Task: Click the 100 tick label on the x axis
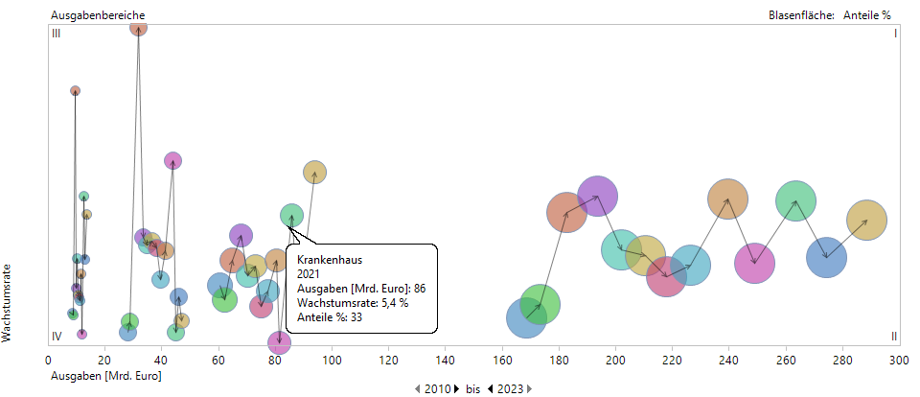(332, 361)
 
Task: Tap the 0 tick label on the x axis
(48, 361)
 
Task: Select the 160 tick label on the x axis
(502, 361)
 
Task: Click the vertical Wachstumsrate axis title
(8, 303)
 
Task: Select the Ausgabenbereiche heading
(92, 15)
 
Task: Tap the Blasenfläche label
(801, 15)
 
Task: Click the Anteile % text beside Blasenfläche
(867, 15)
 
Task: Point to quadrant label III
(57, 34)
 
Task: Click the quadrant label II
(893, 336)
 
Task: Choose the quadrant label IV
(57, 336)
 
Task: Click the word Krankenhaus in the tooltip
(329, 260)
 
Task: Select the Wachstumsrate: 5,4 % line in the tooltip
(353, 303)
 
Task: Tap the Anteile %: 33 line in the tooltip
(328, 317)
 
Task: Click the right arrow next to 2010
(457, 388)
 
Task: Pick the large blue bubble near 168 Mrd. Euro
(525, 317)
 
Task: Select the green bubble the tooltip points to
(291, 216)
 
